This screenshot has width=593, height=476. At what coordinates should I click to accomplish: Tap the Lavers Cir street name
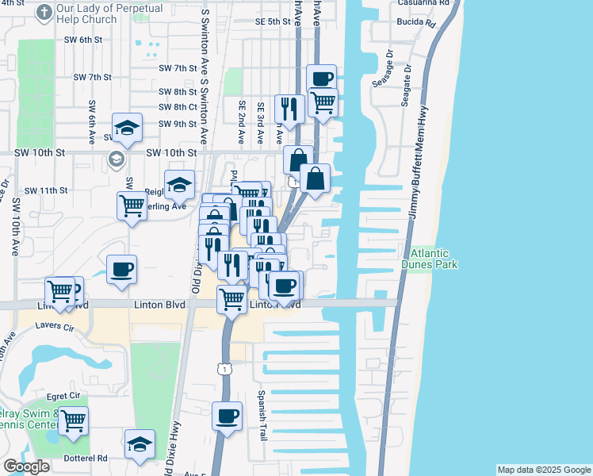coord(55,327)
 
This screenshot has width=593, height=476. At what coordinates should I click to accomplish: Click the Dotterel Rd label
coord(87,458)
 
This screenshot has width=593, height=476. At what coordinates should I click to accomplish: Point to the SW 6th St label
coord(85,39)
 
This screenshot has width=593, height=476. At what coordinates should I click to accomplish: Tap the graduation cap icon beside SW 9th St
coord(127,127)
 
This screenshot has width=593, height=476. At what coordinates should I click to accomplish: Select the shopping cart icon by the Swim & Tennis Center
coord(73,420)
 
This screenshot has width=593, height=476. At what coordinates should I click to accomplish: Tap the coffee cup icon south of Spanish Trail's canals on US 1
coord(227,415)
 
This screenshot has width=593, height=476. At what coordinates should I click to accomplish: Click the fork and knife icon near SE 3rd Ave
coord(287,108)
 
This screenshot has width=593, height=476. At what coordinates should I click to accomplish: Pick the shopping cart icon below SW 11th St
coord(132,205)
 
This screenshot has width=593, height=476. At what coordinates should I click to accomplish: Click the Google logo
coord(25,466)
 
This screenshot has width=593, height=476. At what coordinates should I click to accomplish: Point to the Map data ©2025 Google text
coord(543,470)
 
